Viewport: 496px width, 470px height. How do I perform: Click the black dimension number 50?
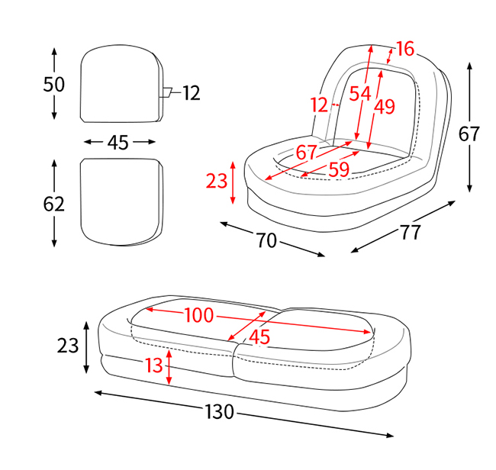[x=53, y=85]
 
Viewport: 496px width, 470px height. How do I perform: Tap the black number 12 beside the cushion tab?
[x=192, y=93]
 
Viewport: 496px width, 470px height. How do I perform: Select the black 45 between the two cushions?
[x=118, y=143]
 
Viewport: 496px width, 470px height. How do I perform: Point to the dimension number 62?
[x=53, y=204]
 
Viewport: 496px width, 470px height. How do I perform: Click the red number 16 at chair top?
[x=404, y=49]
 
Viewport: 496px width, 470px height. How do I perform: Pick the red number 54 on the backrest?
[x=360, y=94]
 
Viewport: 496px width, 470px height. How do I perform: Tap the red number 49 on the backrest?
[x=385, y=107]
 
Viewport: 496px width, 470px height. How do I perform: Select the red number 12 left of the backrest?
[x=319, y=105]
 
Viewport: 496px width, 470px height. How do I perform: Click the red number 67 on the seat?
[x=306, y=152]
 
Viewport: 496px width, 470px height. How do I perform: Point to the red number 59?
[x=339, y=169]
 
